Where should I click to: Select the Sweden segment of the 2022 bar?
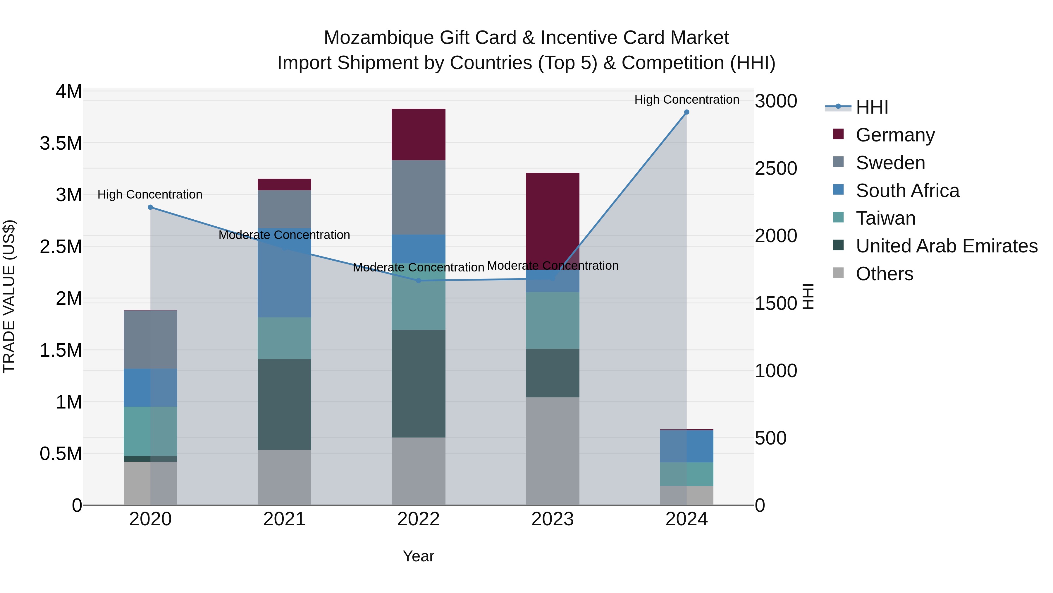pos(418,197)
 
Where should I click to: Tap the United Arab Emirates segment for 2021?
pos(284,404)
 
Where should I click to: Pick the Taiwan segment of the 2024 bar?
pos(686,474)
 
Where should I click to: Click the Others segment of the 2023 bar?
pos(552,451)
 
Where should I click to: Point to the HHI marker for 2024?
pos(686,112)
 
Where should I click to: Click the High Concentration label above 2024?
pos(686,100)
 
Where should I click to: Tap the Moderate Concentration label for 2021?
pos(284,235)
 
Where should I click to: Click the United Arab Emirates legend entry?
pos(946,246)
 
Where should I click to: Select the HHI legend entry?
pos(872,107)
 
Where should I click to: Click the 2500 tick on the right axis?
pos(775,169)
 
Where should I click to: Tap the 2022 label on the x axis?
pos(418,519)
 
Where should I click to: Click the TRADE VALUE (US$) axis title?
pos(9,296)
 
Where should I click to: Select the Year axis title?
pos(418,556)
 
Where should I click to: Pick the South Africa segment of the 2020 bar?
pos(150,387)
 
